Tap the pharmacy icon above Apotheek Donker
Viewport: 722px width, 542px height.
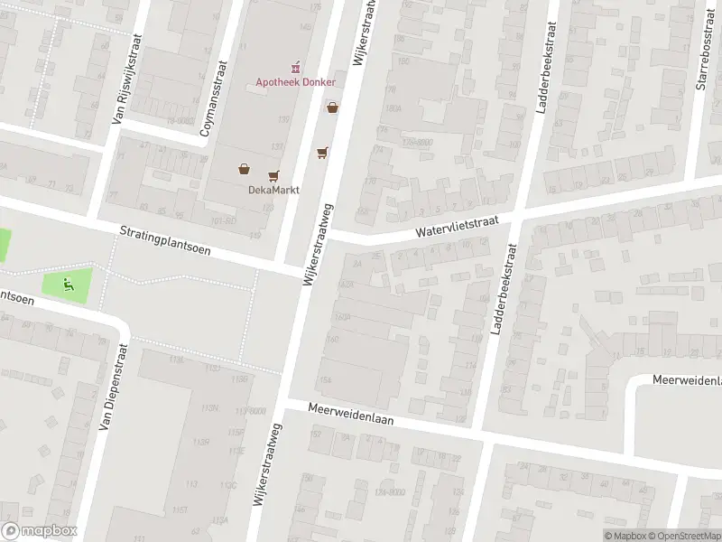point(294,66)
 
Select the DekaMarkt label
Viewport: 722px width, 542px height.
point(273,190)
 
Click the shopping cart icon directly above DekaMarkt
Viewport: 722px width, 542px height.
point(273,175)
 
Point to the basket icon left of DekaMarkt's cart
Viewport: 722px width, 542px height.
point(244,168)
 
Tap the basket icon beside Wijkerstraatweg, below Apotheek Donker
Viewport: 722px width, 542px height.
point(333,107)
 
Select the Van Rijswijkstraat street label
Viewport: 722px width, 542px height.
point(127,79)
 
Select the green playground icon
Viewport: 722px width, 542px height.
point(68,285)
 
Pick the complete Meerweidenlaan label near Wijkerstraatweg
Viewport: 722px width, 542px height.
point(351,415)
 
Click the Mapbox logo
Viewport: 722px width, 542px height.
point(39,531)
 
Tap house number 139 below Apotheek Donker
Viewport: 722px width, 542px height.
point(284,119)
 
